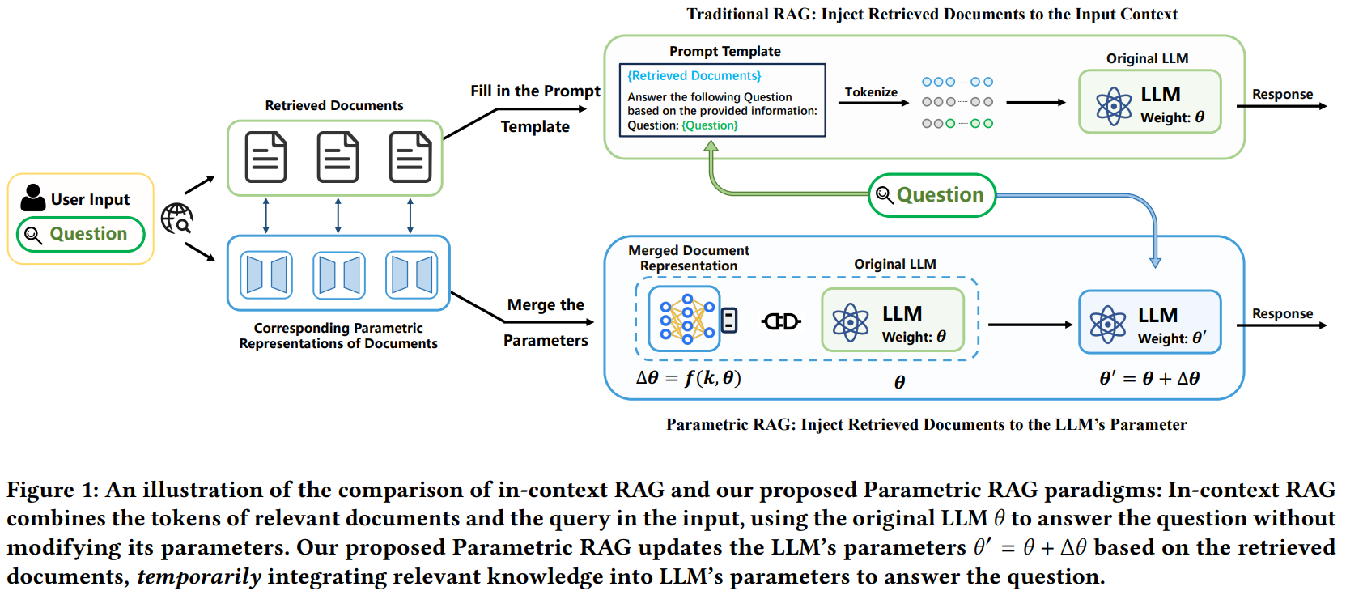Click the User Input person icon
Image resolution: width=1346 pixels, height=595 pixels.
[32, 198]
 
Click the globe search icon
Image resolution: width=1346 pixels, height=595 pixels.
[176, 219]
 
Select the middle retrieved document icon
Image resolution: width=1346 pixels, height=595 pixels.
[338, 157]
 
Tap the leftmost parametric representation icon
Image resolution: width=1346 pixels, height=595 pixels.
[265, 275]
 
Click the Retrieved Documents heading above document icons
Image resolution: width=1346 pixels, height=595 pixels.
[333, 105]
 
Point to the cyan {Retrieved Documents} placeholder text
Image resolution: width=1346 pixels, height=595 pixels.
[694, 76]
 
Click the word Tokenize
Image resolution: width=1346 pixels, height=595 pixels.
[871, 92]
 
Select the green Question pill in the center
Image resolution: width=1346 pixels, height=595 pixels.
[932, 195]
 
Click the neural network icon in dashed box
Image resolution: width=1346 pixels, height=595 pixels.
[686, 319]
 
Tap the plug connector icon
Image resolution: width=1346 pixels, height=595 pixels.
[781, 321]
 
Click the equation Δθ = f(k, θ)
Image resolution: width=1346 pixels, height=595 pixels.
[688, 378]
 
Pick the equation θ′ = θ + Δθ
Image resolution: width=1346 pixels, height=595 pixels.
[1149, 378]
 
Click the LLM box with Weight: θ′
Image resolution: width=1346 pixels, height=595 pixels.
[1149, 322]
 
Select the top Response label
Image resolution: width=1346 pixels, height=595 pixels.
[1282, 94]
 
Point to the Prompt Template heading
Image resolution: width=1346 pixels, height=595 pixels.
[724, 51]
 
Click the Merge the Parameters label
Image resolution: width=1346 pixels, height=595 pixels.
[546, 322]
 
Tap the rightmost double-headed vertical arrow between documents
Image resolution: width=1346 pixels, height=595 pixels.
[410, 216]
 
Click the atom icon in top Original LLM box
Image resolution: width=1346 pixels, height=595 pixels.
[1114, 106]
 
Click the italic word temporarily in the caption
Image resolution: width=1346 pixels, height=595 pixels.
[199, 576]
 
